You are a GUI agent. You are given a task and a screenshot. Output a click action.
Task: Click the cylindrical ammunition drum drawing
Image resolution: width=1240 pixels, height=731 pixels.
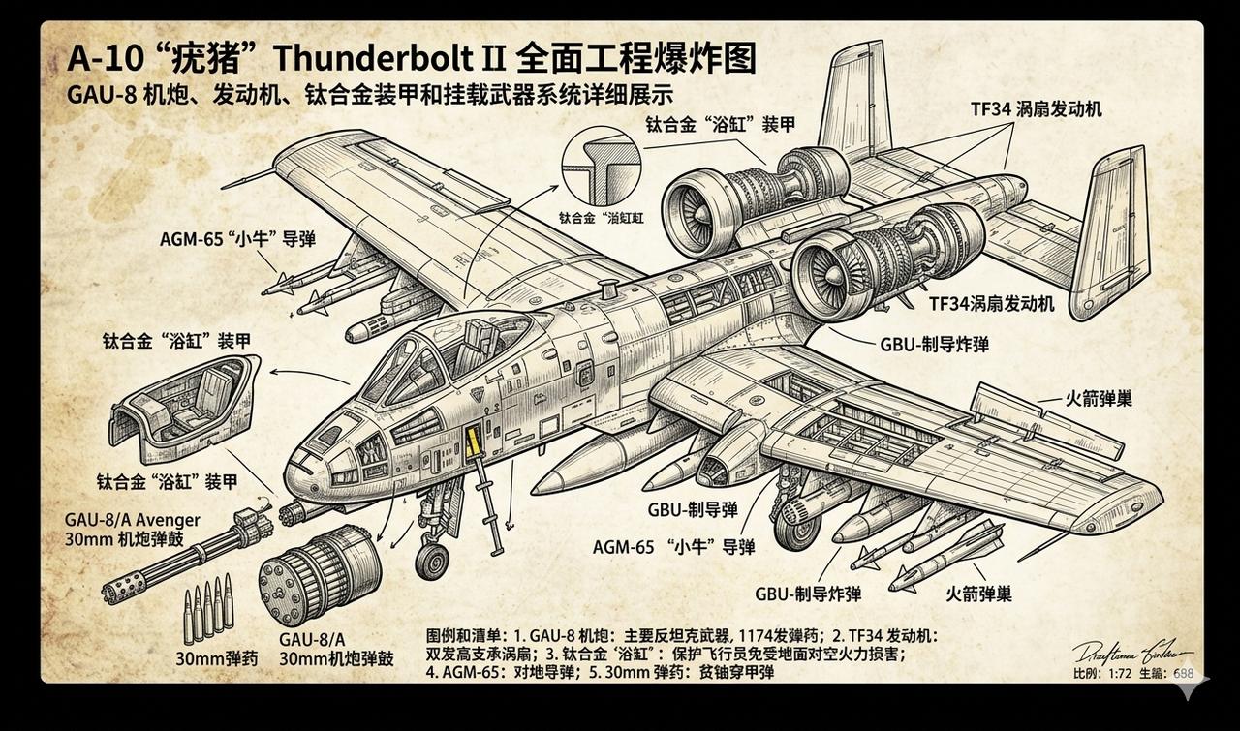tap(320, 573)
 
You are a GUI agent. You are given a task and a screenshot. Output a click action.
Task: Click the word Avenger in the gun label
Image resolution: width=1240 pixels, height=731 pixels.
tap(166, 520)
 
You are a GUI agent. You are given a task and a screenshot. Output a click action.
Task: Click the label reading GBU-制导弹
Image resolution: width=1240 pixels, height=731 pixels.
tap(693, 510)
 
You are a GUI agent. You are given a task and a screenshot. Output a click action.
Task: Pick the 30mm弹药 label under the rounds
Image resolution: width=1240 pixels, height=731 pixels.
tap(217, 659)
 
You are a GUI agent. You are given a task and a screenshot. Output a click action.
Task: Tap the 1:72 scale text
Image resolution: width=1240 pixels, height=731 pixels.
tap(1118, 674)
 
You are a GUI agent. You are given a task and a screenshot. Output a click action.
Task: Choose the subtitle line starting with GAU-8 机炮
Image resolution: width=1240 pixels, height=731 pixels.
tap(369, 96)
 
